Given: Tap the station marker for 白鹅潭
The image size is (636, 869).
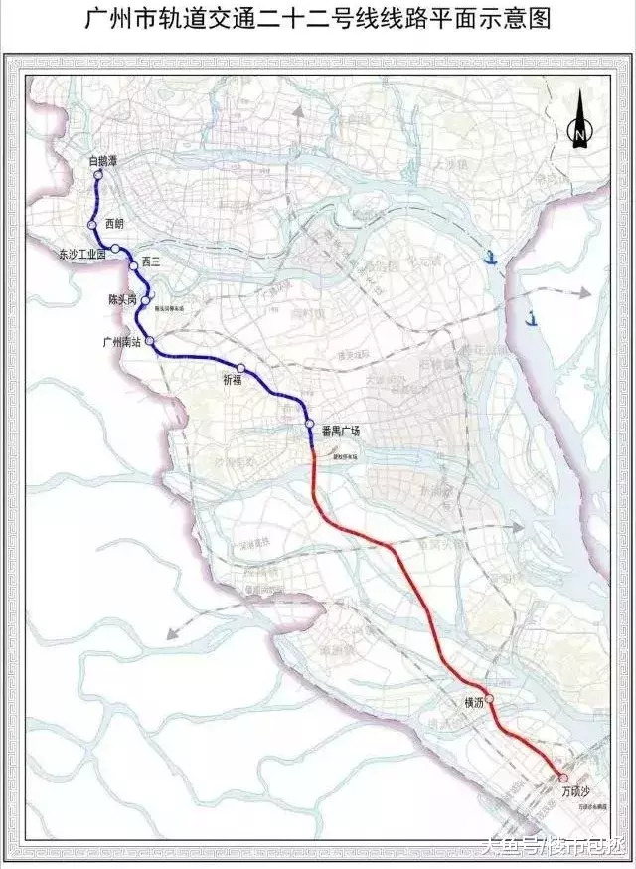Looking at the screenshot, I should coord(98,176).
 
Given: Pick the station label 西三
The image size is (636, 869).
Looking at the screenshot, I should coord(151,261).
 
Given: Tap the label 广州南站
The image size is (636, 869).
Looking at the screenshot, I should coord(123,341).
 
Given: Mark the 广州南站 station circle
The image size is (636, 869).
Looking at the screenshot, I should coord(150,341).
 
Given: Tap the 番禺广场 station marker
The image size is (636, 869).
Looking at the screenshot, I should coord(311,429).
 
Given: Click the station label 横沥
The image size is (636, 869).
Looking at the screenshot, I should coord(473,702).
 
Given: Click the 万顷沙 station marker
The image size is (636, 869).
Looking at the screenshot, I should coord(563,778).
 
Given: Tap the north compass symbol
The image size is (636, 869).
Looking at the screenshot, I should coord(578,125).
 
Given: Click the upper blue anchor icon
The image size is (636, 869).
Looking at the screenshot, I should coord(489,256).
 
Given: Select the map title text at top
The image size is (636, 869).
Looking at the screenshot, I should coord(318,21).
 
